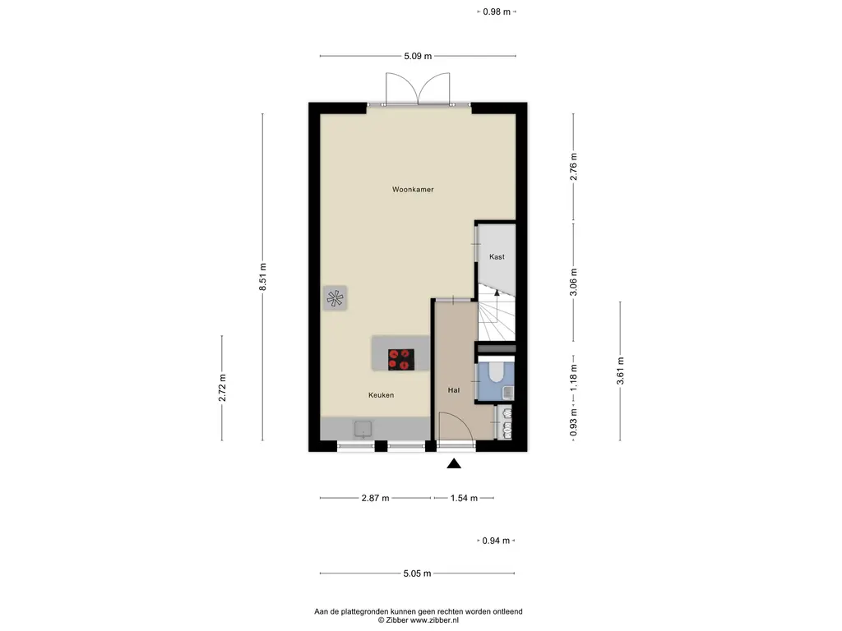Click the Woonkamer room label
click(413, 190)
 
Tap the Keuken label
click(382, 395)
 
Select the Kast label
click(497, 257)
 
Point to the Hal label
click(454, 390)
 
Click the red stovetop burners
click(401, 360)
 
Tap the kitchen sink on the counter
click(363, 429)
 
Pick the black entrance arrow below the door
click(454, 463)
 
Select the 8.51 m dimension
click(262, 277)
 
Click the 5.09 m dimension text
click(418, 56)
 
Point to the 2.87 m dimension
click(375, 498)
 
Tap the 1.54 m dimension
click(464, 498)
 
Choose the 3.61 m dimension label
click(620, 371)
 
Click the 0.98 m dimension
click(497, 12)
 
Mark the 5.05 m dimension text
click(417, 573)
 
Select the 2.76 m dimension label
click(573, 167)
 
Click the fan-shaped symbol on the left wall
click(335, 298)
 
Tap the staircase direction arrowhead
click(497, 293)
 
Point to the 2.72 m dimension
click(222, 388)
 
